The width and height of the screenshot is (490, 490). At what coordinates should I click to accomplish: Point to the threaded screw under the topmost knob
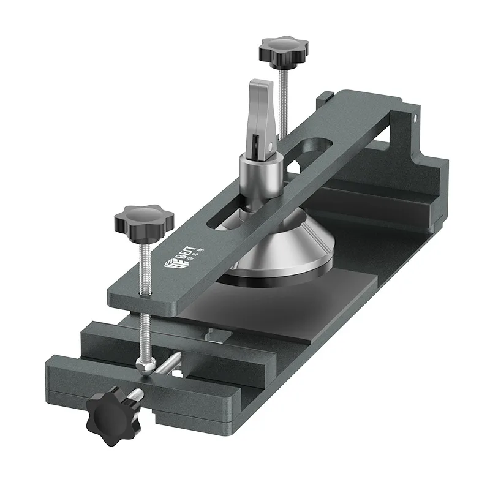(282, 98)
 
